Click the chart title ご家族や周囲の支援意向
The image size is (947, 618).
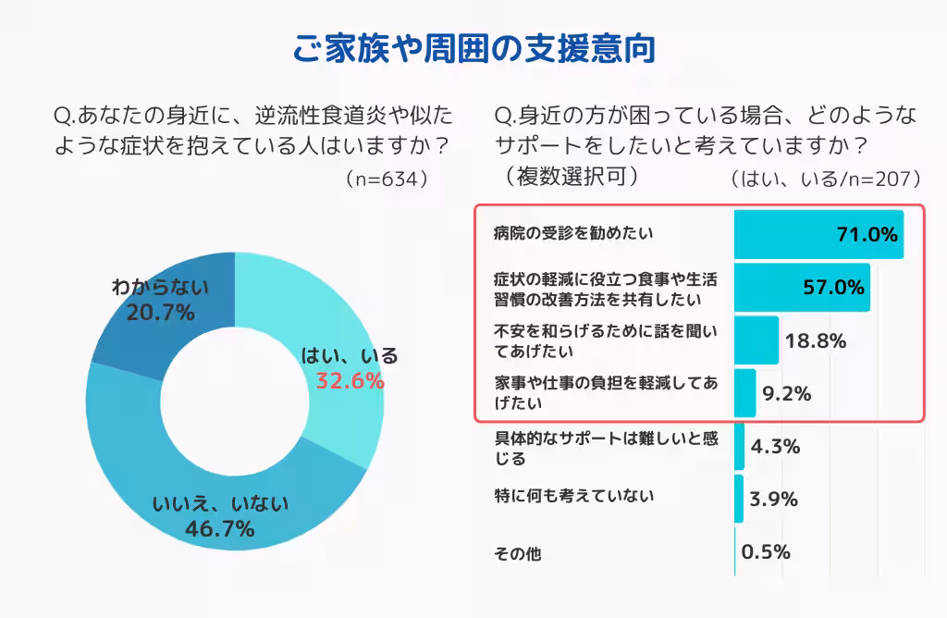[x=473, y=46]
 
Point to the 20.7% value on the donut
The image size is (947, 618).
[x=160, y=313]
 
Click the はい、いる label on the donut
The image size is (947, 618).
[x=350, y=355]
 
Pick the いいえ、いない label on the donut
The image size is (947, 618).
[x=220, y=503]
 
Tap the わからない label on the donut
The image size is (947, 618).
[x=160, y=287]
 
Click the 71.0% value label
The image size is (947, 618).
[x=867, y=234]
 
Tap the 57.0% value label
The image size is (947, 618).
[x=832, y=287]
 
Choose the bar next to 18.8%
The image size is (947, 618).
[x=756, y=340]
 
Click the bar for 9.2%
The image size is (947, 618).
[x=745, y=393]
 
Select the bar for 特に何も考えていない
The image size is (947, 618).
[x=739, y=499]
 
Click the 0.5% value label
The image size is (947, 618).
[x=766, y=552]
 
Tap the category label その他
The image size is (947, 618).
[x=518, y=554]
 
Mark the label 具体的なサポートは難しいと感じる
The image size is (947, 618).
[x=606, y=447]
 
